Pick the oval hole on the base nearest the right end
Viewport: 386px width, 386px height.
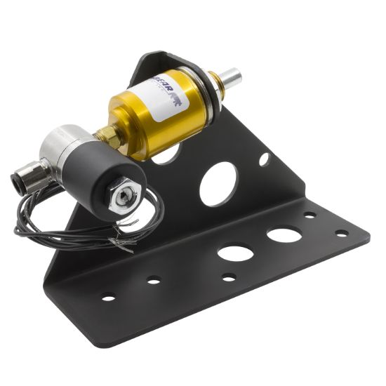284,234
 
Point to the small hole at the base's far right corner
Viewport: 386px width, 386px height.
342,233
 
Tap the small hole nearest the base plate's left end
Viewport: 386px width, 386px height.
108,297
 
